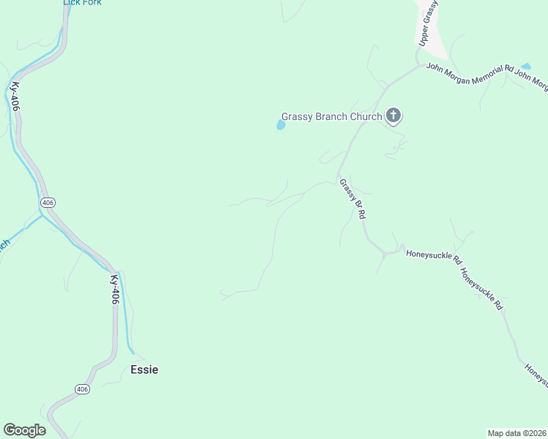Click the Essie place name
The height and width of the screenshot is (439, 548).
point(144,369)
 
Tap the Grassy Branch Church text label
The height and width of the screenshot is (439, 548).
point(332,116)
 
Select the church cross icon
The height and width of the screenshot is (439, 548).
point(393,115)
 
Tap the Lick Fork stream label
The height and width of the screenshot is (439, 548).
point(82,3)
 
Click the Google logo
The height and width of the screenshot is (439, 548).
point(24,430)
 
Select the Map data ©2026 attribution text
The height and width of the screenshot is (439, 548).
point(517,433)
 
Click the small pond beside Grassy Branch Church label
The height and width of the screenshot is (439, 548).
point(280,126)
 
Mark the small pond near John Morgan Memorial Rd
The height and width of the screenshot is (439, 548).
point(525,67)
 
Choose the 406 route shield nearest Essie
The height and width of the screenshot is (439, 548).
point(82,389)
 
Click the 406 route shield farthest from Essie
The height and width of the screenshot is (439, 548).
point(48,202)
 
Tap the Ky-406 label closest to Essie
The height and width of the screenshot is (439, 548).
point(114,290)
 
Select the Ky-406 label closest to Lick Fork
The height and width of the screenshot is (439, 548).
point(15,96)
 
